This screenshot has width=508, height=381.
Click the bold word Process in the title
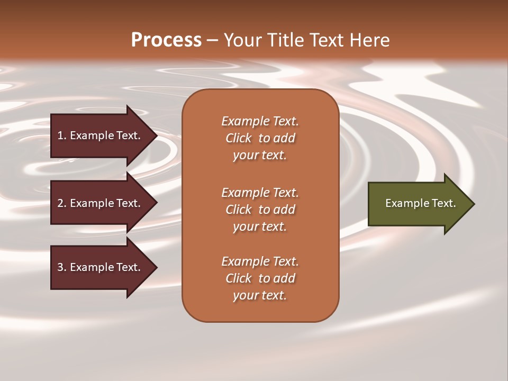166,40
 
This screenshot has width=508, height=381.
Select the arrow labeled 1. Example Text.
98,135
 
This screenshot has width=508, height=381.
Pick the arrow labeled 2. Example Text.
98,203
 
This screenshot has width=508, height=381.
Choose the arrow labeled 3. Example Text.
98,267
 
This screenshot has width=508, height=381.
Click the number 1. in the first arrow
62,135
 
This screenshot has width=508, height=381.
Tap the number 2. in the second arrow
62,203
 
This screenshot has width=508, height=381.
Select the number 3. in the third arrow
62,267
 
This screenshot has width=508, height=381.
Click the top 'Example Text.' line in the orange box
260,121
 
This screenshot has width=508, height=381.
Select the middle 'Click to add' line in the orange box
260,210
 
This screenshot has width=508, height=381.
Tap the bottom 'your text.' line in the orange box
260,295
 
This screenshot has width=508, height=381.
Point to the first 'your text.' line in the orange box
260,155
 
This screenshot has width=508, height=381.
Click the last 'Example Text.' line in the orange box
260,261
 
